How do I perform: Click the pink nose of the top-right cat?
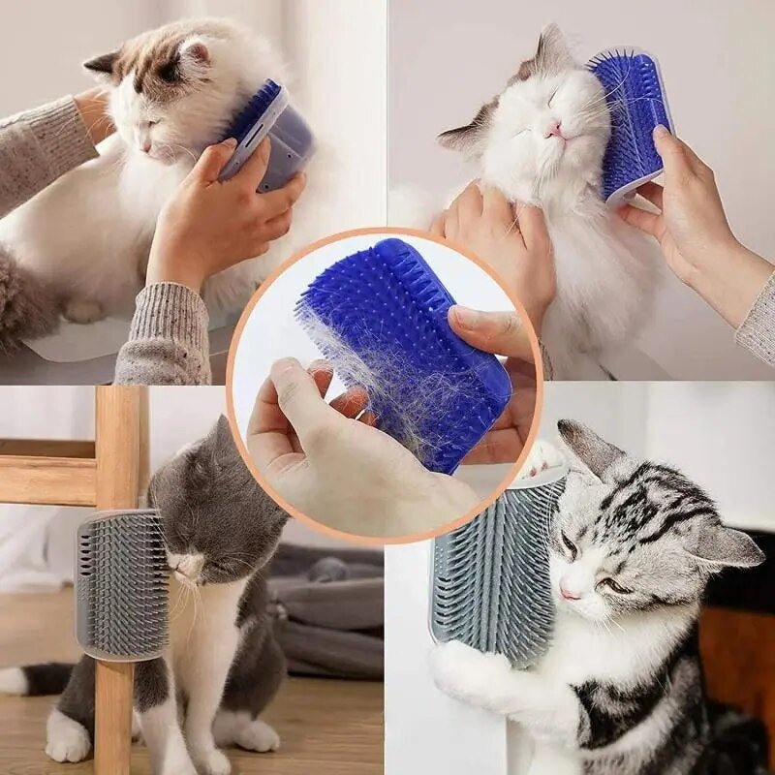[x=552, y=129]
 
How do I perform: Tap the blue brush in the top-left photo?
[x=267, y=136]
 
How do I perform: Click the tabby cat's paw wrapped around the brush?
[x=465, y=668]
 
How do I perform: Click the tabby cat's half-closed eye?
[x=607, y=584]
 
